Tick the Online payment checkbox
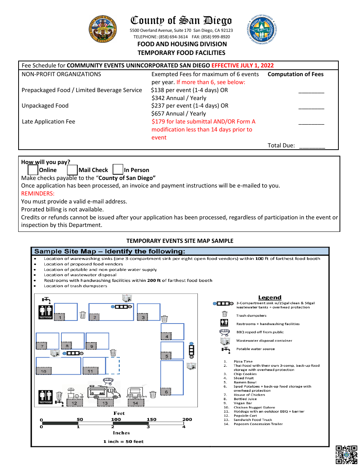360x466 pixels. (x=33, y=170)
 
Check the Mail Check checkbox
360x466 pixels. (x=72, y=170)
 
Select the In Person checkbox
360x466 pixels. (x=118, y=170)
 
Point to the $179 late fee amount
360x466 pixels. (x=159, y=122)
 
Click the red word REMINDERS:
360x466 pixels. (x=38, y=194)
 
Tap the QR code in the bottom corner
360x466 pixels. (x=346, y=455)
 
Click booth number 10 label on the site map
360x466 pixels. (x=44, y=371)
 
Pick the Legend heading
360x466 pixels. (x=269, y=297)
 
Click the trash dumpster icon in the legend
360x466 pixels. (x=224, y=314)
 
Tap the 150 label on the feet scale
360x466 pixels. (x=151, y=419)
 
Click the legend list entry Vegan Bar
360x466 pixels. (x=243, y=403)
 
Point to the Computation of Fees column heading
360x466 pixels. (x=296, y=74)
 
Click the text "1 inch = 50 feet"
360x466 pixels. (x=124, y=441)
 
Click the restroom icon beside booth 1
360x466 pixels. (x=45, y=312)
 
